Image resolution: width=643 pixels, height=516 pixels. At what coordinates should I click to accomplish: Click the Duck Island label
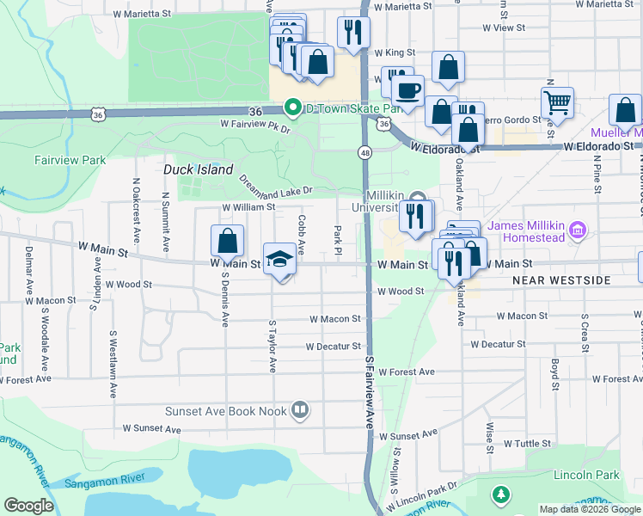pos(199,170)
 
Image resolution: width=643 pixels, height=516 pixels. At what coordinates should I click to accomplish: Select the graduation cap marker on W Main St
pos(279,258)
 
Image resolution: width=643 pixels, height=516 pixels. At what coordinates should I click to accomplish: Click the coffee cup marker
pos(407,89)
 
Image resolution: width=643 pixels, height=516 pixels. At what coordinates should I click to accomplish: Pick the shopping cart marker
pos(557,102)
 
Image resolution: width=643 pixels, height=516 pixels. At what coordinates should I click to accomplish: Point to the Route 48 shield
pos(365,152)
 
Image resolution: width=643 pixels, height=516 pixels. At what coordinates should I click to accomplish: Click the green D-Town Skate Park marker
pos(293,108)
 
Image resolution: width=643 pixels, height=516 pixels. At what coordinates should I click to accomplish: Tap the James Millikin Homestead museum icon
pos(577,230)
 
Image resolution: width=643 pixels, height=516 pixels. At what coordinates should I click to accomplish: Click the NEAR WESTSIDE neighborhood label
pos(560,280)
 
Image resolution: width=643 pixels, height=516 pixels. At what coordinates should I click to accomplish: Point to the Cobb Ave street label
pos(302,230)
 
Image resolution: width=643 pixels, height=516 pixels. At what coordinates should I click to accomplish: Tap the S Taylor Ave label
pos(273,347)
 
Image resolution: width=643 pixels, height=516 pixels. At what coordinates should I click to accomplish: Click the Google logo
pos(28,506)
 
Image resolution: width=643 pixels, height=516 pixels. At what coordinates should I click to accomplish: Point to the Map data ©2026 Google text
pos(590,509)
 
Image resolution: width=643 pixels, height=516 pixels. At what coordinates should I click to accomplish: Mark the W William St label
pos(248,207)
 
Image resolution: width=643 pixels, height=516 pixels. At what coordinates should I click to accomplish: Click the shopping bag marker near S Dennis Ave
pos(227,241)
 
